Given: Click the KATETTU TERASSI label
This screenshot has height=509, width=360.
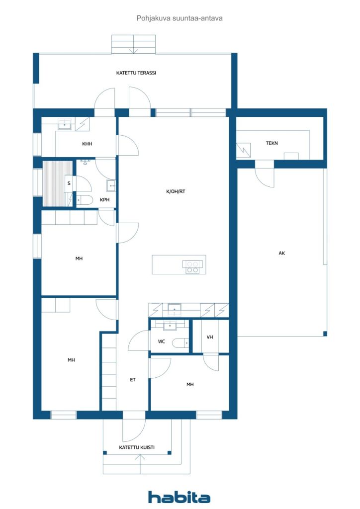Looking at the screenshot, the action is tap(136, 73).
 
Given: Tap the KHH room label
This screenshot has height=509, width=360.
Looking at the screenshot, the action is tap(87, 144).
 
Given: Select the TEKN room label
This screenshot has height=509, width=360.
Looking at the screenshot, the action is tap(271, 143).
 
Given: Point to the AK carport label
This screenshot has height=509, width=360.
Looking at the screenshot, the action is tap(282, 253).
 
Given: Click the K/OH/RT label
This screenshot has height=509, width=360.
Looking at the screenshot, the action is tap(176, 191).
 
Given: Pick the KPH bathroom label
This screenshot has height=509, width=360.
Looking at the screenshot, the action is tap(104, 200).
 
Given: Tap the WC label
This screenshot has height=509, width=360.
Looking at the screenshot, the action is tap(161, 341).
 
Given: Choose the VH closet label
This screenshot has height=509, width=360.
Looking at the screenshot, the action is tap(210, 338).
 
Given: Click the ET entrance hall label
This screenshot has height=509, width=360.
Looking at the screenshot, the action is tap(133, 379).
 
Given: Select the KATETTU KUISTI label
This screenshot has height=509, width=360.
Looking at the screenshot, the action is tap(137, 447).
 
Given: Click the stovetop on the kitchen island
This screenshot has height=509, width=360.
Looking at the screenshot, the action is tap(192, 267).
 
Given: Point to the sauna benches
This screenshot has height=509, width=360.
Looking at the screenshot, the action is tap(58, 183).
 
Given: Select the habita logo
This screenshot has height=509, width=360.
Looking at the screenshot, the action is tap(179, 497).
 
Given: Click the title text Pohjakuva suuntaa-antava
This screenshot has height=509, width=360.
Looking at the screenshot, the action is tap(180, 18).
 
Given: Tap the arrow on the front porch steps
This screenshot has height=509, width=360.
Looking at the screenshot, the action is tap(140, 464).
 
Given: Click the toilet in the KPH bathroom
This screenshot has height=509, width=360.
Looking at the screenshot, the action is tap(85, 200).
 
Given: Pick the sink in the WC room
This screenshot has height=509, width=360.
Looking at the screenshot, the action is tap(170, 325).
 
